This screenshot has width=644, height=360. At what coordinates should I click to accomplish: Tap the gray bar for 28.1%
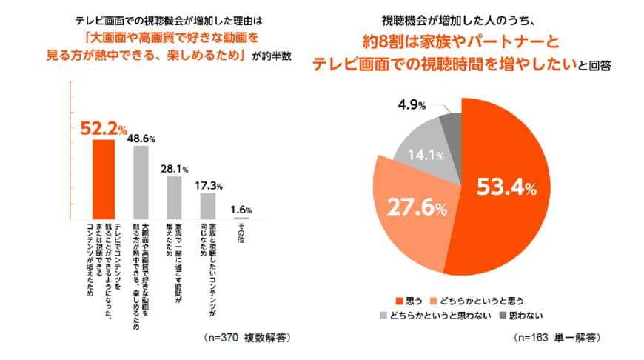point(174,197)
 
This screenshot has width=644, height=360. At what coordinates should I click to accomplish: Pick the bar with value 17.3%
point(208,205)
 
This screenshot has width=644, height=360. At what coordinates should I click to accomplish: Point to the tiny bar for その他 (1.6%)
point(241,218)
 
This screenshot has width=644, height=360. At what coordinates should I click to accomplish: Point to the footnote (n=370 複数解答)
point(244,337)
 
